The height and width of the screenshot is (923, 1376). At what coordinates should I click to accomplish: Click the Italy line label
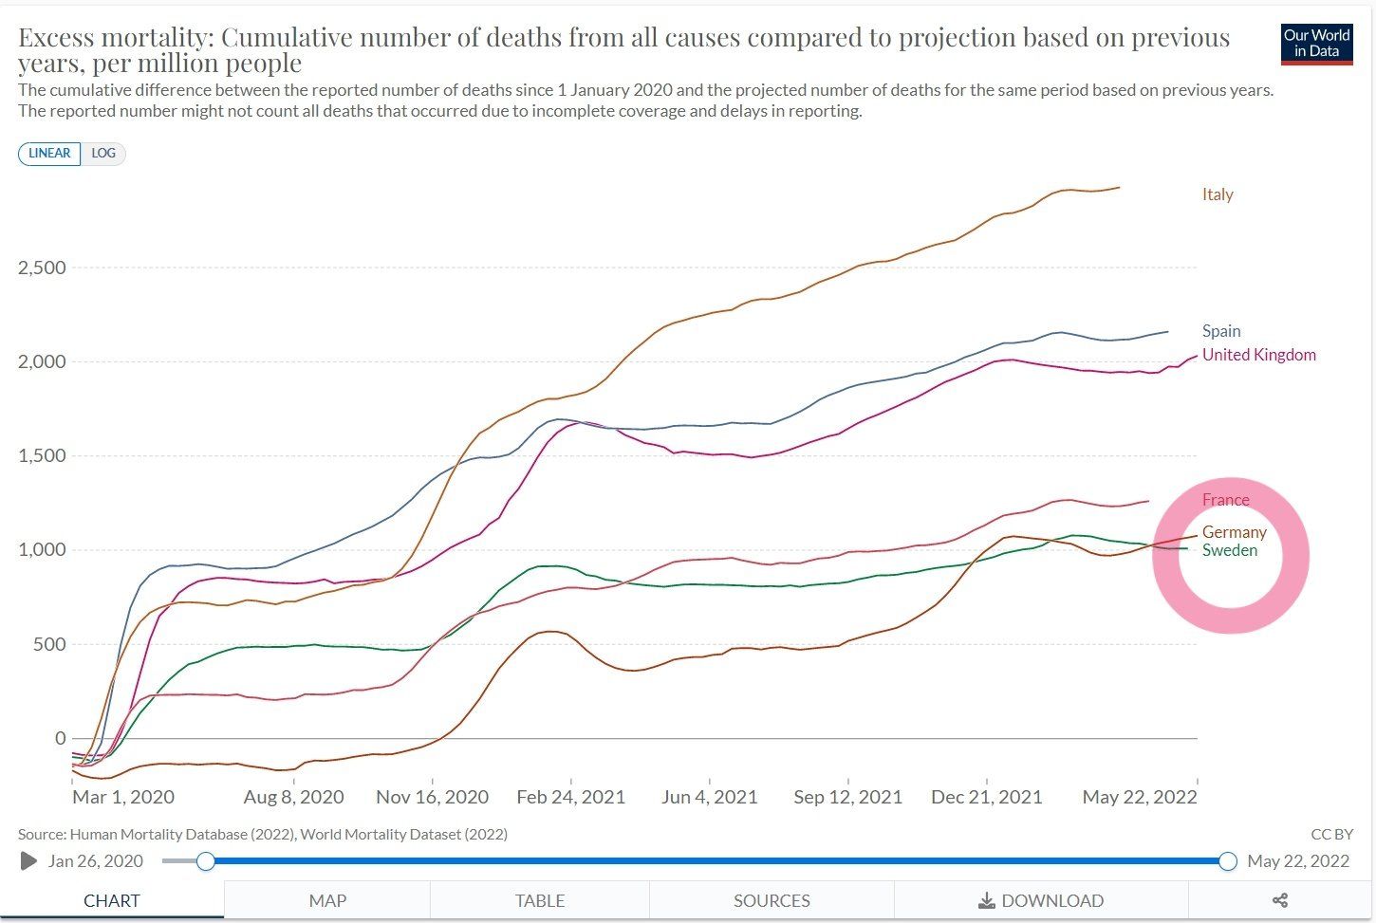point(1218,194)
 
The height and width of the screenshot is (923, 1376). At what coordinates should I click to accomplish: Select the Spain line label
point(1221,331)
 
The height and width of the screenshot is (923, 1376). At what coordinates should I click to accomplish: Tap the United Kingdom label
point(1258,355)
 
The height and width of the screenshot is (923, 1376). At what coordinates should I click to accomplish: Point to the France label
point(1225,500)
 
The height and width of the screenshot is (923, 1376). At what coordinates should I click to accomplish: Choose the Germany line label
point(1234,532)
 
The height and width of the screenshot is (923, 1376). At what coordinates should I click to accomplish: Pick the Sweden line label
point(1229,550)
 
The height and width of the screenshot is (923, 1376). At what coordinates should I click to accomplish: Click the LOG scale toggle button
point(103,154)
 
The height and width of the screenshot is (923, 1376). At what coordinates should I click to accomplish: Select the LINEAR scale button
point(49,154)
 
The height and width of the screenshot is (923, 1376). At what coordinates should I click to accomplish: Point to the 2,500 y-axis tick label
point(42,268)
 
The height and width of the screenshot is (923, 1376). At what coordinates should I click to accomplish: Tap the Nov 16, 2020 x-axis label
point(432,797)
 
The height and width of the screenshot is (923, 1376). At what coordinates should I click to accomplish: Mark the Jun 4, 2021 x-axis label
point(709,797)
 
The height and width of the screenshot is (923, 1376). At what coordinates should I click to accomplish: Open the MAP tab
point(327,900)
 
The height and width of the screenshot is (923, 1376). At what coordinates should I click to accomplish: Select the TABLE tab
point(540,900)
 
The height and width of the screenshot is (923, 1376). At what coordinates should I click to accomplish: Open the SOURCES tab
point(772,900)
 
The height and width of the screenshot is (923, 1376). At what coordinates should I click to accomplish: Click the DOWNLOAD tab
point(1041,900)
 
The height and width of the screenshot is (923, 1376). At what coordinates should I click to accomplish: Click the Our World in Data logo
point(1316,43)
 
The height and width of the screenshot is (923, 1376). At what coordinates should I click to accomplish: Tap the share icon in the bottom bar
point(1279,900)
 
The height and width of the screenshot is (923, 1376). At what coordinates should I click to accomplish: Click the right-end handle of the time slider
point(1228,861)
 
